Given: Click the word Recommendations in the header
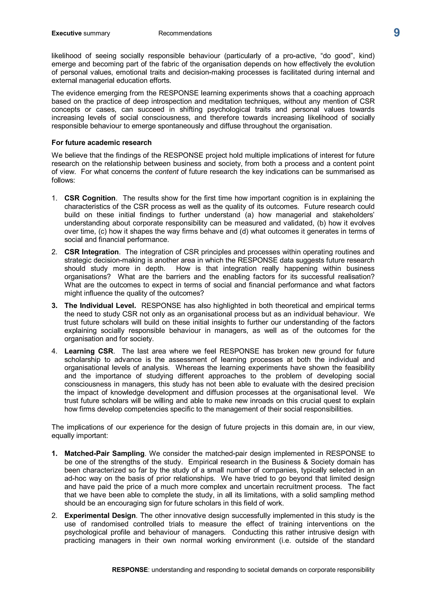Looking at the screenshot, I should [x=185, y=33].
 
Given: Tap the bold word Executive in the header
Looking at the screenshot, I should [x=67, y=33].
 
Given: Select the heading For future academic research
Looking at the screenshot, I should [x=102, y=143].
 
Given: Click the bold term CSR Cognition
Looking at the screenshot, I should [x=90, y=198].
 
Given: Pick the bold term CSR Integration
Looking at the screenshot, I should [x=91, y=252].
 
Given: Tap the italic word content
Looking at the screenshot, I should [x=167, y=172].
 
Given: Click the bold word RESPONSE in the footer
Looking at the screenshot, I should [x=130, y=570].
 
